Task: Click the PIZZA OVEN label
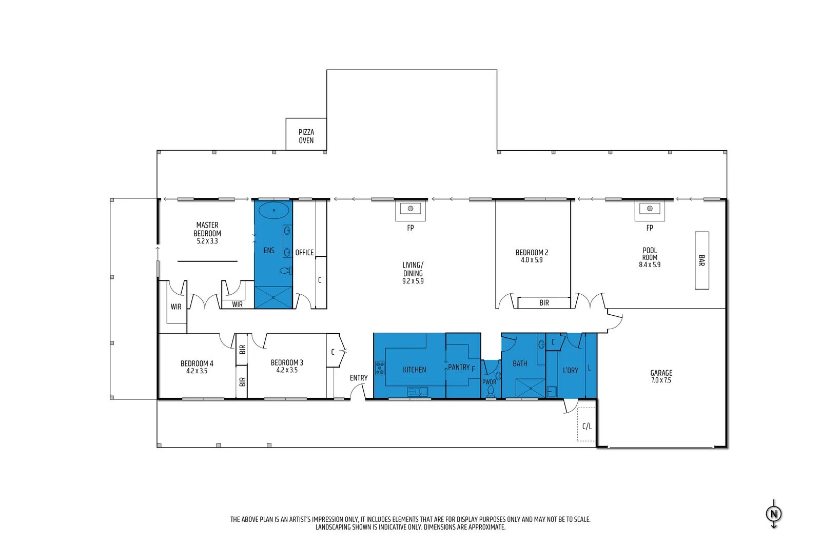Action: (x=306, y=136)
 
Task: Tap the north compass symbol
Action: (x=774, y=513)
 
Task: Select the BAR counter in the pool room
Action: (x=701, y=260)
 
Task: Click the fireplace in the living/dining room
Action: (x=411, y=209)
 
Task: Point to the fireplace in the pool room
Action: (x=650, y=209)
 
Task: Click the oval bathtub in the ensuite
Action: (x=273, y=210)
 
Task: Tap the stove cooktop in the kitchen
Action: (x=380, y=368)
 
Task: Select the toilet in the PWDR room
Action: (x=491, y=391)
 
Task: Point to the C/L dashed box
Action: (x=587, y=425)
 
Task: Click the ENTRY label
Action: (x=359, y=378)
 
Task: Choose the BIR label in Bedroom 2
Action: (x=544, y=303)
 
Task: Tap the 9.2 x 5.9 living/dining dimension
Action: (x=413, y=281)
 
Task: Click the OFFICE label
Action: (x=304, y=253)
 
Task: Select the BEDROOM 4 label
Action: (x=197, y=363)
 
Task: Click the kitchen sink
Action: (x=417, y=392)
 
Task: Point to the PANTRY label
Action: (x=458, y=367)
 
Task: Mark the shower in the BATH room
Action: (x=530, y=388)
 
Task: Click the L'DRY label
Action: (x=570, y=370)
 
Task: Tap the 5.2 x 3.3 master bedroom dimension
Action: (x=207, y=241)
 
